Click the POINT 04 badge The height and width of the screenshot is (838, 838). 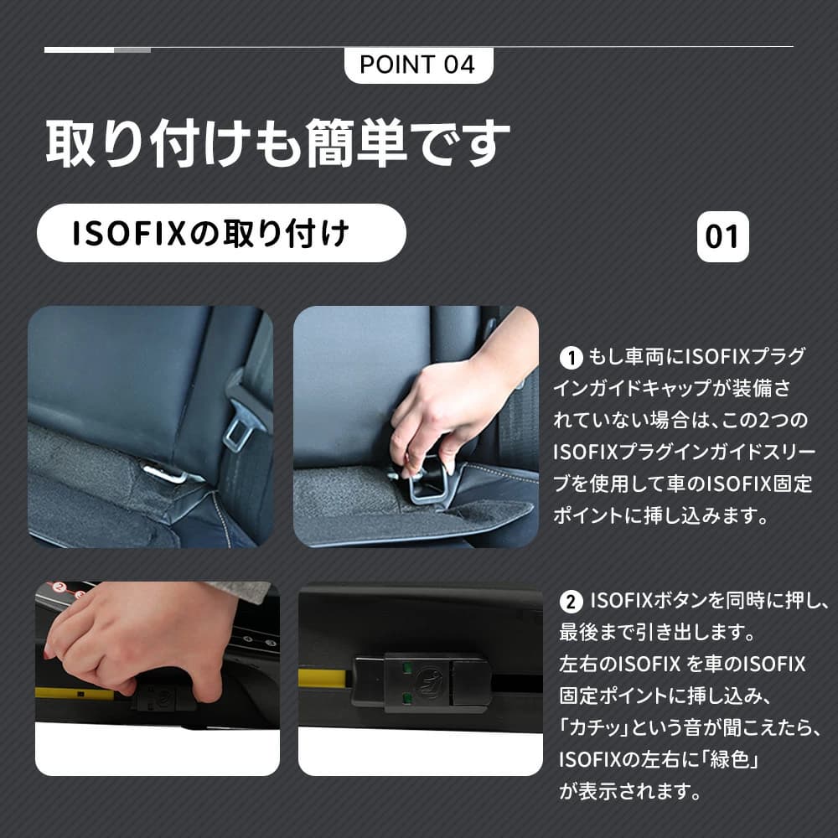(x=418, y=65)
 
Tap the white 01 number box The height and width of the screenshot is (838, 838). (x=722, y=236)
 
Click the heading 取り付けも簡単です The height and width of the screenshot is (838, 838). (x=277, y=142)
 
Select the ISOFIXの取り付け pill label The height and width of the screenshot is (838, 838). (x=221, y=233)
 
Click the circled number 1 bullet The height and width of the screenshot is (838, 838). (x=571, y=358)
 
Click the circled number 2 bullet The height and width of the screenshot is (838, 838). (x=571, y=603)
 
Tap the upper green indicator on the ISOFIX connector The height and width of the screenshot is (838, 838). (x=406, y=668)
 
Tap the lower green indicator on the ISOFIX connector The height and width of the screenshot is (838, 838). (x=406, y=697)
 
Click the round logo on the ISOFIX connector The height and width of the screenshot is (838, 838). (x=429, y=682)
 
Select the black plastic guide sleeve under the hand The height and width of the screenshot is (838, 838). (x=427, y=484)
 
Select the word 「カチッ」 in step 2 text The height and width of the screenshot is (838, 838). (x=595, y=728)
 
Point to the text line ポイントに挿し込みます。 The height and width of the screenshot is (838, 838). (x=661, y=515)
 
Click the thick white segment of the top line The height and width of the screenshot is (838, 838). (x=79, y=50)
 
